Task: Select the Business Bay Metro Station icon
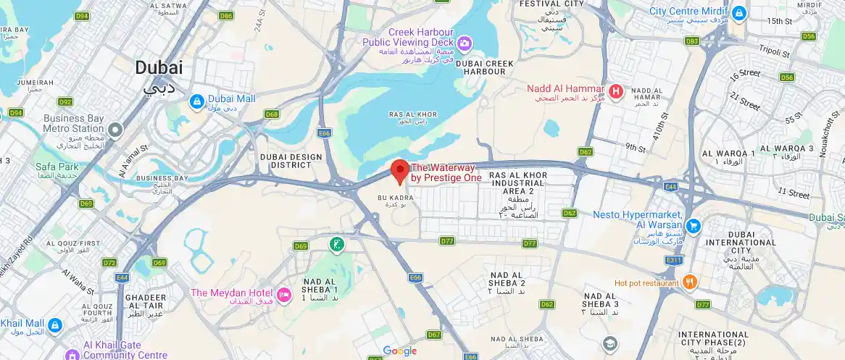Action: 115,130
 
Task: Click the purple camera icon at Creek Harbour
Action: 464,44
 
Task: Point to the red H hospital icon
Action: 615,91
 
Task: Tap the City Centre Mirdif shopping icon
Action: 738,12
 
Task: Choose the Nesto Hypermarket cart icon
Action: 694,226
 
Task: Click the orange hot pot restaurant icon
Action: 690,282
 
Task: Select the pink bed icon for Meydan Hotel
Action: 284,295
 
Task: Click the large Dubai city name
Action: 159,68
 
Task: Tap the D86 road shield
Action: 226,16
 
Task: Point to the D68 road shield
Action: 272,114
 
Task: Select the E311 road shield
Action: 674,259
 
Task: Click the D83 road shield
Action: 692,41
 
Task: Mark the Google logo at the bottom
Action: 400,351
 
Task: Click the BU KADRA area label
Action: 396,197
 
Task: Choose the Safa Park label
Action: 57,167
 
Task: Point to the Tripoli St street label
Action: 773,53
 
